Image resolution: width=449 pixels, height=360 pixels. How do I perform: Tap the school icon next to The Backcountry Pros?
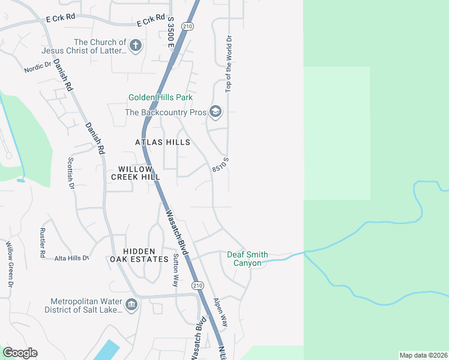pyautogui.click(x=215, y=112)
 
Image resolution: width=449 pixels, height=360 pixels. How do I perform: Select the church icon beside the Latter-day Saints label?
pyautogui.click(x=136, y=45)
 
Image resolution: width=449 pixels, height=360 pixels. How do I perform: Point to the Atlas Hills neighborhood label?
pyautogui.click(x=163, y=142)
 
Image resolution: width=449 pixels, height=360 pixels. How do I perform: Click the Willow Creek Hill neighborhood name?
pyautogui.click(x=136, y=173)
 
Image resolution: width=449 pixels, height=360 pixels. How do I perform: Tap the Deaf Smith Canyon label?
pyautogui.click(x=247, y=259)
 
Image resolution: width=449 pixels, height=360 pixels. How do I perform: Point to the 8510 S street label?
pyautogui.click(x=220, y=166)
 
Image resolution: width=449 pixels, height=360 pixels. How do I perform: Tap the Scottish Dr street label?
pyautogui.click(x=70, y=173)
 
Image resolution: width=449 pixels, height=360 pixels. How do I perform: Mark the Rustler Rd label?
pyautogui.click(x=42, y=243)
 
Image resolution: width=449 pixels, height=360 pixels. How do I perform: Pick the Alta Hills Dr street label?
pyautogui.click(x=71, y=257)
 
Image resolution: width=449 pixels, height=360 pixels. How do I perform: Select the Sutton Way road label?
pyautogui.click(x=176, y=270)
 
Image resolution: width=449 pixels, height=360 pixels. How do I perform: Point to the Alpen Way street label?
pyautogui.click(x=221, y=312)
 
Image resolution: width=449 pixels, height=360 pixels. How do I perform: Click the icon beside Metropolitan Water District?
pyautogui.click(x=131, y=305)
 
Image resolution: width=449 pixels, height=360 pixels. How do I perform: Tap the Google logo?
pyautogui.click(x=20, y=353)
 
